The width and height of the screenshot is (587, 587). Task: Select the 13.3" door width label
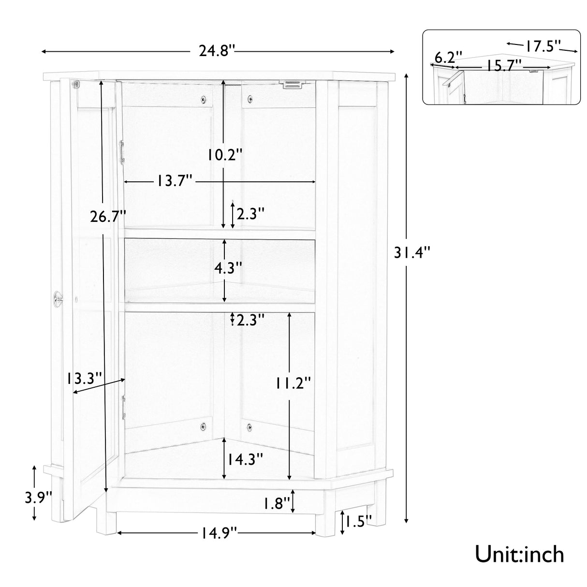[85, 378]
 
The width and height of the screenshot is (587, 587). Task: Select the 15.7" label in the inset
[504, 65]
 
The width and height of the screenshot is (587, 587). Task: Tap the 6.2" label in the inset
[448, 57]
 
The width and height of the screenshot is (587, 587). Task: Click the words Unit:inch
[519, 554]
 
